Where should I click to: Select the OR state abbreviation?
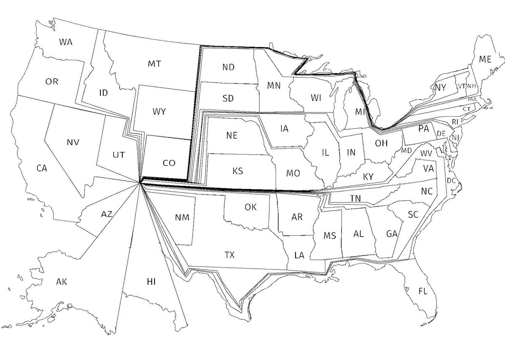(52, 81)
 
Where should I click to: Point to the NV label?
(73, 142)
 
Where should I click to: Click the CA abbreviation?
(41, 168)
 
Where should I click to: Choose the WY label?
(159, 112)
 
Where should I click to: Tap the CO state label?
(169, 163)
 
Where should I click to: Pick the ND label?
(229, 67)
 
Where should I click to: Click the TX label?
(229, 255)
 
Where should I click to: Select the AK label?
(62, 282)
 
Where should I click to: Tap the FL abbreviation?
(423, 291)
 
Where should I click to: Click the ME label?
(485, 59)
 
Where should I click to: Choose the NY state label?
(440, 87)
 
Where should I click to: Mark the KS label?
(237, 171)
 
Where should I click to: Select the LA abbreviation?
(299, 255)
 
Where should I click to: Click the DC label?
(452, 181)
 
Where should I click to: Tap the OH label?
(381, 143)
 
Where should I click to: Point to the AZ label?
(106, 214)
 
